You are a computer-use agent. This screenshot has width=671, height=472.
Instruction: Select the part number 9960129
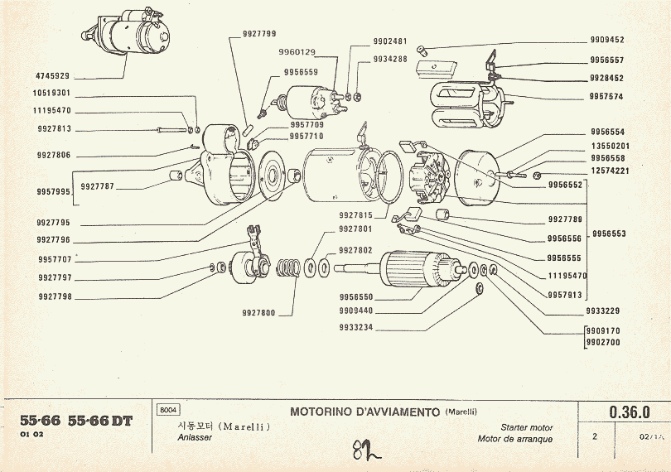[297, 52]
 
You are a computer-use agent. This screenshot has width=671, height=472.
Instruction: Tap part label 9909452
[607, 40]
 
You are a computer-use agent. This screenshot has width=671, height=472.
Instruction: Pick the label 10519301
[51, 94]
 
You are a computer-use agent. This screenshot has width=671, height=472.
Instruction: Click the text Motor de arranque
[514, 439]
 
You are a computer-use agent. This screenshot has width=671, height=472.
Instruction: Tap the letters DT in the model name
[121, 421]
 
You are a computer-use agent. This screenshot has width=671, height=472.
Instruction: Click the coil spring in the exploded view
[287, 268]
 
